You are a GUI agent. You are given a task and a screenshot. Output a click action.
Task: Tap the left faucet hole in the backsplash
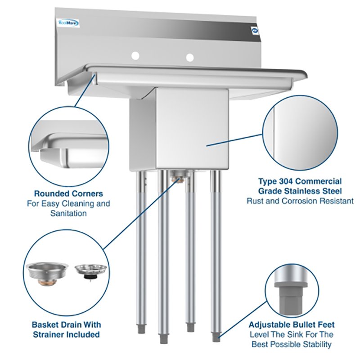(x=135, y=55)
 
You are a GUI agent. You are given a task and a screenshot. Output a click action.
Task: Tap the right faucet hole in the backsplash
(x=190, y=58)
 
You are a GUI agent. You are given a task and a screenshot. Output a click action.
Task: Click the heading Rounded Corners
(x=68, y=194)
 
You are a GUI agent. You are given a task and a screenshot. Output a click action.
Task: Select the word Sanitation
(x=68, y=214)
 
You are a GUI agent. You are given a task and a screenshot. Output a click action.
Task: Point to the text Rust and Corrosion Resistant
(x=300, y=201)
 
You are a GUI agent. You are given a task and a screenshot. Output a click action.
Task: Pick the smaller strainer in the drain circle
(x=90, y=271)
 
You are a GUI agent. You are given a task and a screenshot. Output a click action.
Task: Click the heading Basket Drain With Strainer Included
(x=67, y=329)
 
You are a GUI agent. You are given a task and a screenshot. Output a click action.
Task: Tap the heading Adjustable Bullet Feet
(x=291, y=324)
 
